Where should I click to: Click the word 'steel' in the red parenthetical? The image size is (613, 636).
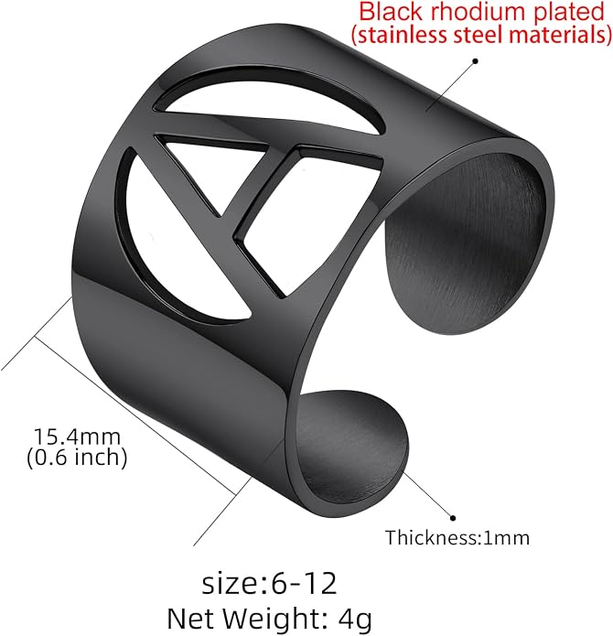coord(478,34)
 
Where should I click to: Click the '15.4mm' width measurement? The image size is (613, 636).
coord(77,437)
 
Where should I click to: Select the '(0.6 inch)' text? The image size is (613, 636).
coord(77,458)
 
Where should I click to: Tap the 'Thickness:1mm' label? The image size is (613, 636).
coord(457,538)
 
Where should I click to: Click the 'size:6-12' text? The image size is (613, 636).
coord(269,584)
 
